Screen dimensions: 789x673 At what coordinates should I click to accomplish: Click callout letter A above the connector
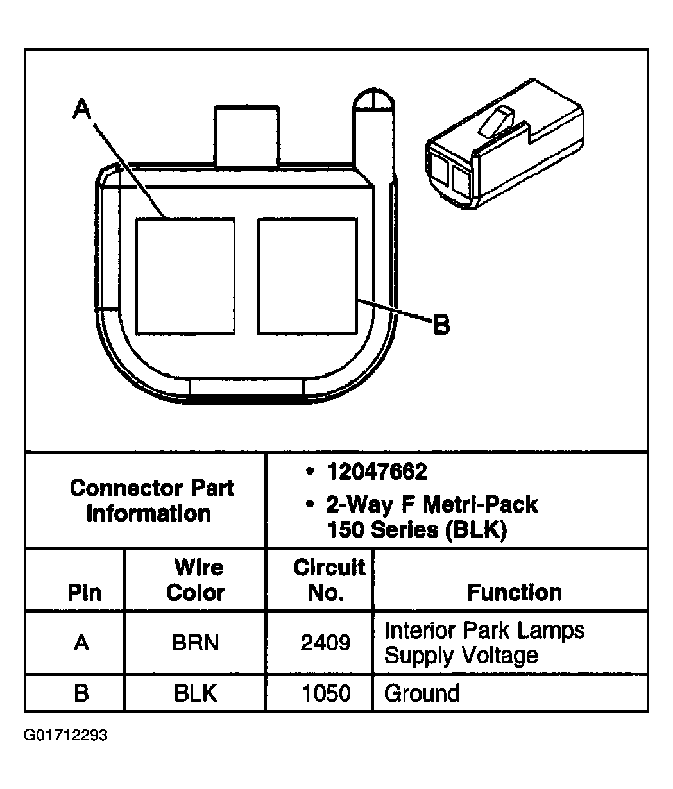[x=81, y=108]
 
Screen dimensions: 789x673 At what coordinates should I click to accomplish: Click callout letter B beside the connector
[x=441, y=325]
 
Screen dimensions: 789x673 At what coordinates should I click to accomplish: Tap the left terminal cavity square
[x=185, y=276]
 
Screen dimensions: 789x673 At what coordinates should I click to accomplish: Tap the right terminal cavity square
[x=307, y=276]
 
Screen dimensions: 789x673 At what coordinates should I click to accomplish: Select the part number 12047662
[x=376, y=473]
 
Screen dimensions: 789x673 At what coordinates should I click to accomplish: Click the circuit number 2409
[x=325, y=642]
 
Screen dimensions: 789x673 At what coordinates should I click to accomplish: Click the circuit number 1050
[x=325, y=693]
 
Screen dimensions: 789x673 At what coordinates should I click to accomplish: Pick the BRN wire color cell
[x=195, y=642]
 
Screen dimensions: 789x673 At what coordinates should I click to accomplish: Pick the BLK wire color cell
[x=195, y=693]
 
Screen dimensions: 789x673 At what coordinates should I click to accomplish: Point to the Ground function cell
[x=422, y=693]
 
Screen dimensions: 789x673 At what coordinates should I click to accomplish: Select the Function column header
[x=514, y=592]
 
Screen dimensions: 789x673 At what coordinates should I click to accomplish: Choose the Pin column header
[x=84, y=592]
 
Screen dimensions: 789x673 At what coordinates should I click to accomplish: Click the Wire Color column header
[x=196, y=580]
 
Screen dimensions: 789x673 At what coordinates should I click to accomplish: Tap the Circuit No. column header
[x=328, y=580]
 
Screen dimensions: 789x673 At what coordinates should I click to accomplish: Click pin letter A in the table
[x=81, y=642]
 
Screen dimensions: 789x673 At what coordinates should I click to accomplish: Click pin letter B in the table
[x=81, y=693]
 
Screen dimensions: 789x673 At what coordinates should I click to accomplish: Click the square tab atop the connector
[x=246, y=135]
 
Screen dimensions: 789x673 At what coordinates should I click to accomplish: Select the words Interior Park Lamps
[x=484, y=631]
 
